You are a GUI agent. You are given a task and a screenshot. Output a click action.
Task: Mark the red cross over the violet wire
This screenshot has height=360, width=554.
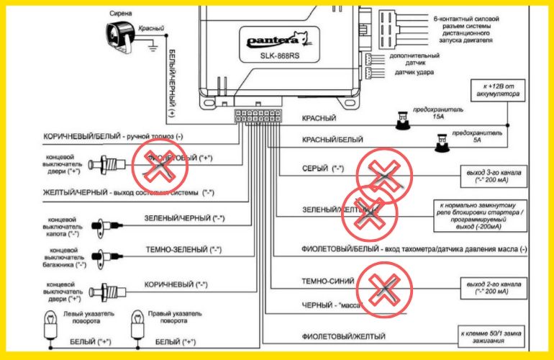coord(158,166)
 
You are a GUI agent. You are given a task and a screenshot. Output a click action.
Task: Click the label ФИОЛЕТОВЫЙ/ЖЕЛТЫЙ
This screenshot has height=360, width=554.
coord(338,336)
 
